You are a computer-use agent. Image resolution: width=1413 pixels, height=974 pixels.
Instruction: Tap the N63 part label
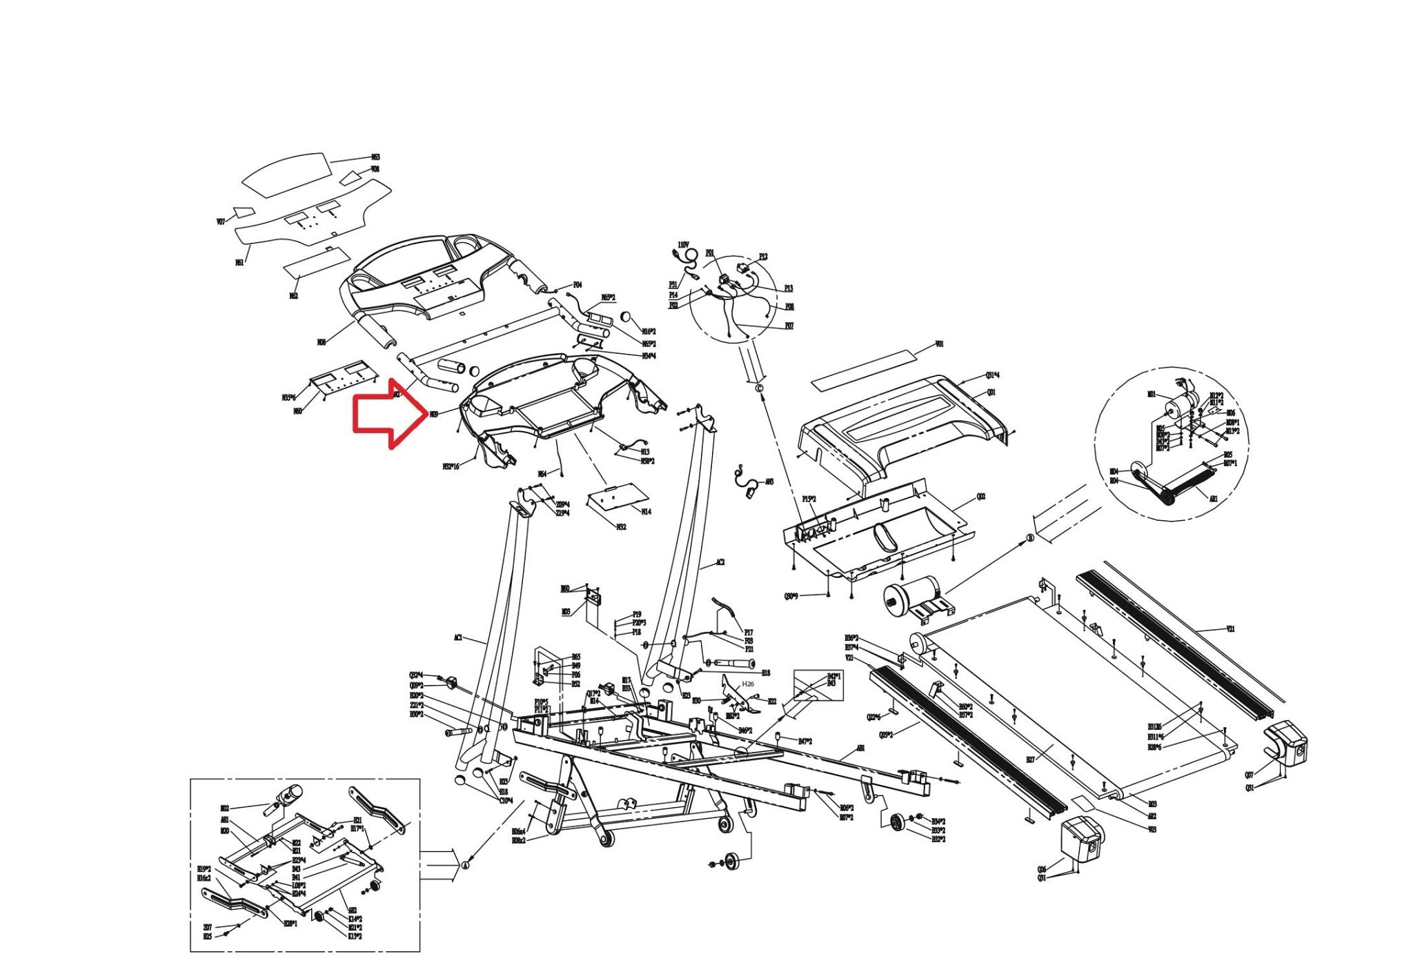point(375,158)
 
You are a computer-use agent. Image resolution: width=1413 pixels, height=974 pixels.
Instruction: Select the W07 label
point(221,222)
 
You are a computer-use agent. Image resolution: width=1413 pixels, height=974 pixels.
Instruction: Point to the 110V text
point(683,245)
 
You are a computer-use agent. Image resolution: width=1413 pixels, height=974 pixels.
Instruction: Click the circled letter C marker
point(760,388)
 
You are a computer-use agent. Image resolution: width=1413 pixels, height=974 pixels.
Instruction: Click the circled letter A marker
point(464,865)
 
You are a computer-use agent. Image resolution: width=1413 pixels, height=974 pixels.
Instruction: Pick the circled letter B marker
point(1030,538)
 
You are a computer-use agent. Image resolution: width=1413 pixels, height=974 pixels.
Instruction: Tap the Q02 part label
point(981,497)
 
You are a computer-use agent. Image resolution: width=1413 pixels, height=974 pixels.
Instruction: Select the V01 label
point(939,344)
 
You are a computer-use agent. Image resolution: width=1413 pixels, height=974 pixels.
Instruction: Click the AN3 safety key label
point(769,481)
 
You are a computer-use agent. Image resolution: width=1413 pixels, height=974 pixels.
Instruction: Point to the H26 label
point(748,684)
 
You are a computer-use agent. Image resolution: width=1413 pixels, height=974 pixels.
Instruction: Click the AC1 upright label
point(457,638)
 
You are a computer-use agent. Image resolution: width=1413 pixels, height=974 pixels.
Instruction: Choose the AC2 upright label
point(720,563)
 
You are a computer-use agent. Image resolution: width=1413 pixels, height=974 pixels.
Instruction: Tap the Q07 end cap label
point(1249,775)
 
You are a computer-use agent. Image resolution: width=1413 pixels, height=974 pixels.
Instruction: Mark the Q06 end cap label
point(1041,869)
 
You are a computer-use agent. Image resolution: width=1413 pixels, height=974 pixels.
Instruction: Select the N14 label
point(646,512)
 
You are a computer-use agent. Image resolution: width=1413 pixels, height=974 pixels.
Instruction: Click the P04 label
point(577,285)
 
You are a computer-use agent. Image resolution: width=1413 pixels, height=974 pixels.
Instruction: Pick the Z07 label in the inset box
point(207,927)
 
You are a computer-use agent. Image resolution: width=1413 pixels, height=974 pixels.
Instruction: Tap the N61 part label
point(239,262)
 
